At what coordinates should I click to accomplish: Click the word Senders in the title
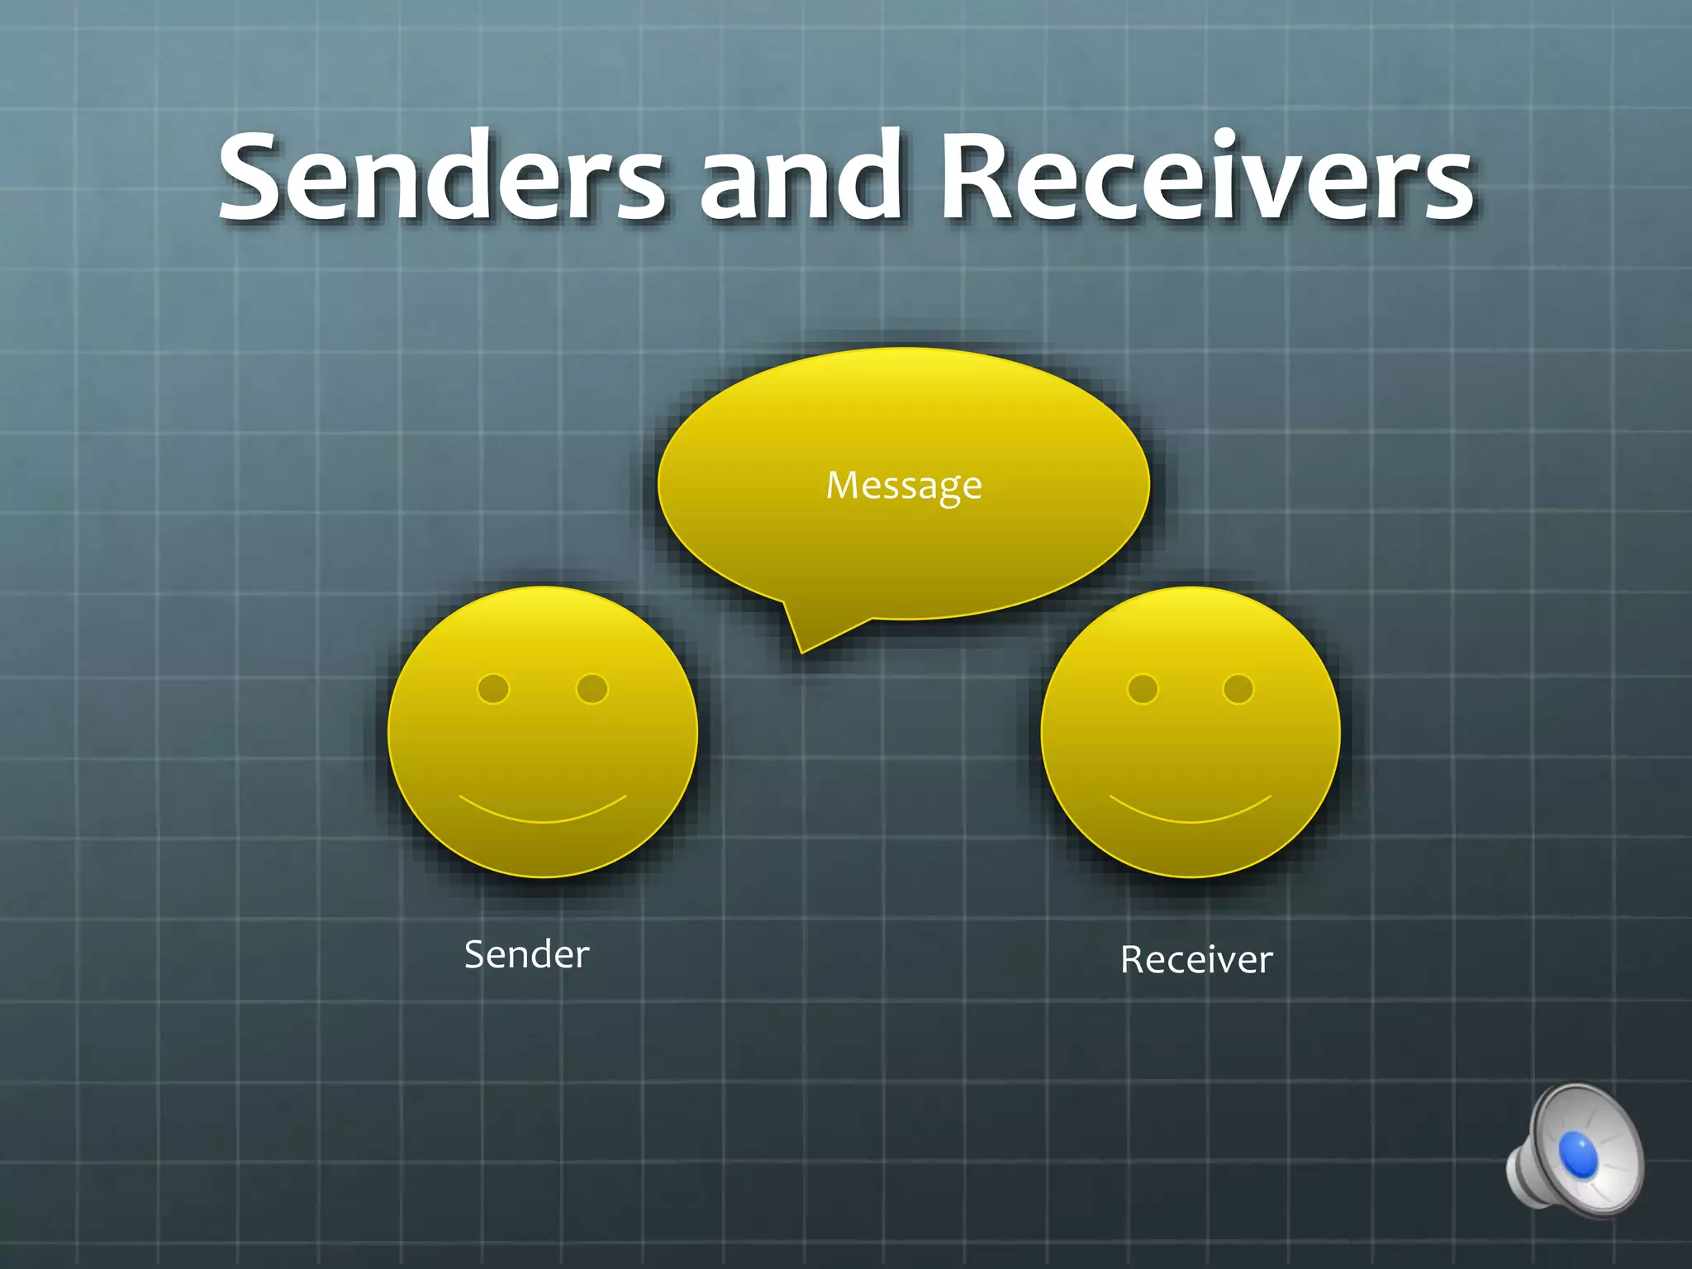(x=442, y=178)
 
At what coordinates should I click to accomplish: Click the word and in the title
(x=800, y=178)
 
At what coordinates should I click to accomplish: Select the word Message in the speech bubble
(x=904, y=486)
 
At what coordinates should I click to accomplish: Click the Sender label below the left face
(x=527, y=955)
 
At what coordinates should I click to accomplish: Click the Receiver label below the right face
(x=1196, y=960)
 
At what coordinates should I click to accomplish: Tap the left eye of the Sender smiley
(x=493, y=689)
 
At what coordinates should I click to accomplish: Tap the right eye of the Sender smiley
(x=592, y=689)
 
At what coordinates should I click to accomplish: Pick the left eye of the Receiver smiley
(x=1143, y=689)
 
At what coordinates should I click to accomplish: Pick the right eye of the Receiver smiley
(x=1238, y=689)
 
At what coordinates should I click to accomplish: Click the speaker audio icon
(x=1575, y=1150)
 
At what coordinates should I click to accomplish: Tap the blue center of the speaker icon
(x=1578, y=1153)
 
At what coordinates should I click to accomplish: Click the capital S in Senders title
(x=257, y=178)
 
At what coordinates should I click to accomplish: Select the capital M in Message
(x=844, y=486)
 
